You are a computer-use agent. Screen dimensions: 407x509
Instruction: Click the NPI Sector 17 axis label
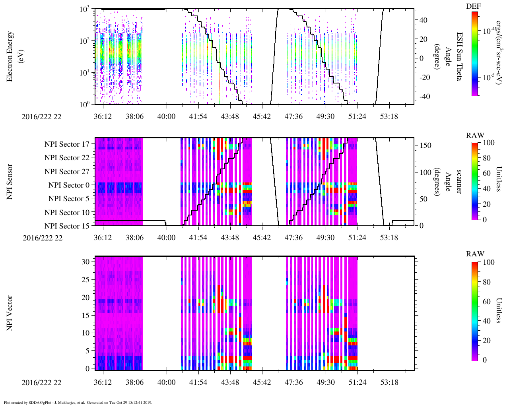(67, 144)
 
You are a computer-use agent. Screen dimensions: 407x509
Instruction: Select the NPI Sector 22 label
(67, 158)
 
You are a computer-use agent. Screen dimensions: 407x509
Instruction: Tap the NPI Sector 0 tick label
(69, 185)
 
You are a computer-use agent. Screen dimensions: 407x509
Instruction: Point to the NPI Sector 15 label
(67, 226)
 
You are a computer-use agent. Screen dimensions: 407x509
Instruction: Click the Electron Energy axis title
(14, 56)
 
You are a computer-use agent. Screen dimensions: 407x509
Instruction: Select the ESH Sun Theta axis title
(458, 56)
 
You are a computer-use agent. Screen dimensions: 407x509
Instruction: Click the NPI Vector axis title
(10, 313)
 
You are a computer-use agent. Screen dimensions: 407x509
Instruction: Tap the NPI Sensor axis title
(10, 182)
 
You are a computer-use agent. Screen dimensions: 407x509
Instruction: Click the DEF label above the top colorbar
(473, 6)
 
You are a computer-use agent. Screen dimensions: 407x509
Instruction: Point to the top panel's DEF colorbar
(474, 54)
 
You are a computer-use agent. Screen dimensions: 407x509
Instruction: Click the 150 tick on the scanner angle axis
(425, 145)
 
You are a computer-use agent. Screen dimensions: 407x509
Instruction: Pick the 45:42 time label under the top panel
(261, 116)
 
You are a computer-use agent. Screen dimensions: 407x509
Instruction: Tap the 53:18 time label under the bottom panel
(389, 382)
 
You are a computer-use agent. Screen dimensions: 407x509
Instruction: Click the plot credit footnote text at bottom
(78, 402)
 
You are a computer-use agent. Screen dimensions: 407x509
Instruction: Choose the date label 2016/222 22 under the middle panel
(43, 238)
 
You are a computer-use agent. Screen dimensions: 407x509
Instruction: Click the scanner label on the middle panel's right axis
(458, 182)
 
